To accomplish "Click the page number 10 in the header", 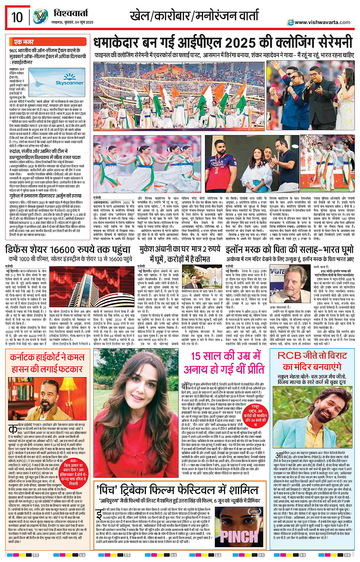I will (17, 17).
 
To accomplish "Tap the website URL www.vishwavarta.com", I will (322, 22).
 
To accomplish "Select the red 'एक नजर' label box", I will (24, 42).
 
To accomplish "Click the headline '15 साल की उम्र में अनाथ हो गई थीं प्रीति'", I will (227, 363).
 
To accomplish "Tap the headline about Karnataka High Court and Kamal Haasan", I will (47, 363).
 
